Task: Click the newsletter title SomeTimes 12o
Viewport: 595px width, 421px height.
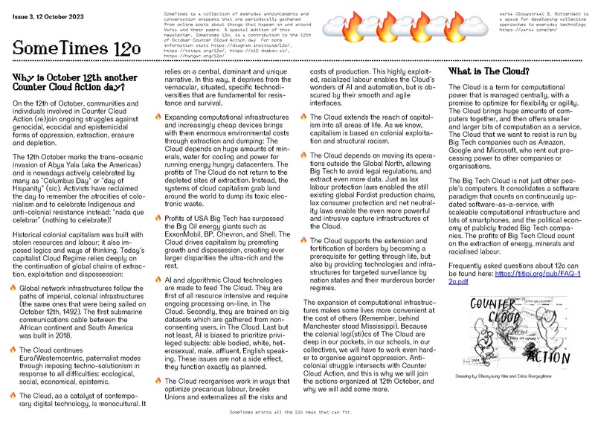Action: [77, 49]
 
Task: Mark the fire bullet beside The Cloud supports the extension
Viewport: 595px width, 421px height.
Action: [303, 220]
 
